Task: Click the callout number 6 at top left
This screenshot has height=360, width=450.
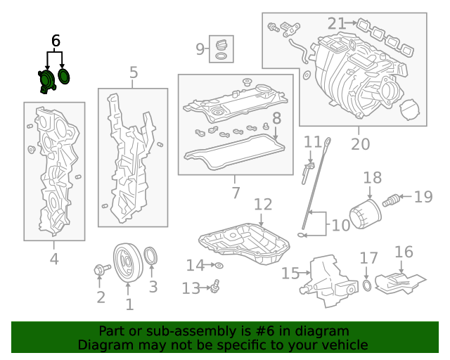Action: point(56,41)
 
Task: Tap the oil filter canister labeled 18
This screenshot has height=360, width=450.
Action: point(364,213)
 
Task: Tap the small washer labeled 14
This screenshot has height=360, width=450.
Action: point(219,265)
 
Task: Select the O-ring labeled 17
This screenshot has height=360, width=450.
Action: point(367,285)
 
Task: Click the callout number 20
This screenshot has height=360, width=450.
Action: point(360,144)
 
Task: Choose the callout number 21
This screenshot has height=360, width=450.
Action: point(337,24)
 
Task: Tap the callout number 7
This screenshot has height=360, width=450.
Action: point(235,192)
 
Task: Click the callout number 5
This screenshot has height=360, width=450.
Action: point(134,72)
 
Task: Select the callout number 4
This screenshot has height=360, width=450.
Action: point(54,259)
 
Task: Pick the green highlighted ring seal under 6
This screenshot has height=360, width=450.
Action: point(64,77)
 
